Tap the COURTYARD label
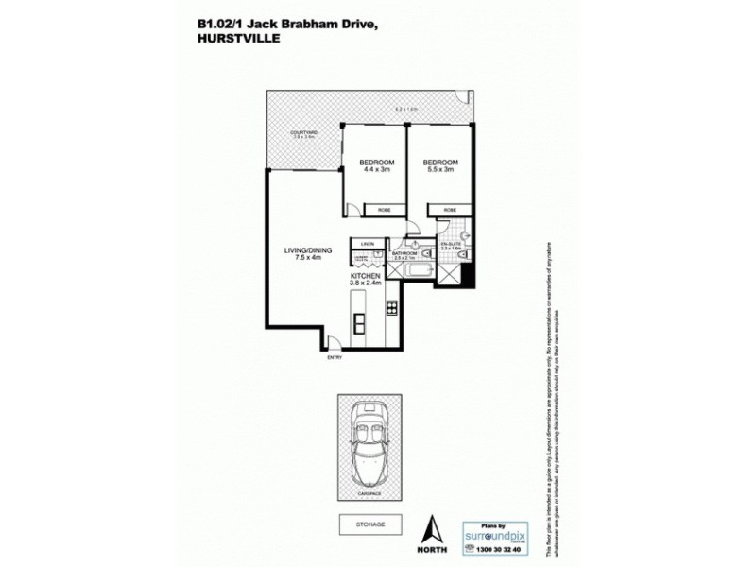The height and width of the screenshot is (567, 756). point(303,132)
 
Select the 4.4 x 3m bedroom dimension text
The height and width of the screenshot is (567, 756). point(375,170)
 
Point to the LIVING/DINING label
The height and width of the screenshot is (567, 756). point(303,250)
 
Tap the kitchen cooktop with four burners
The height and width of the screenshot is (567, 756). point(390,309)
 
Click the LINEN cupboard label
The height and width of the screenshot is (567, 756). point(367,244)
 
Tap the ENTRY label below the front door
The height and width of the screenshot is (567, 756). point(335,356)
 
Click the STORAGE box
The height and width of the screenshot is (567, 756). point(365,523)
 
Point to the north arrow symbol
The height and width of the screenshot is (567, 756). point(432,528)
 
